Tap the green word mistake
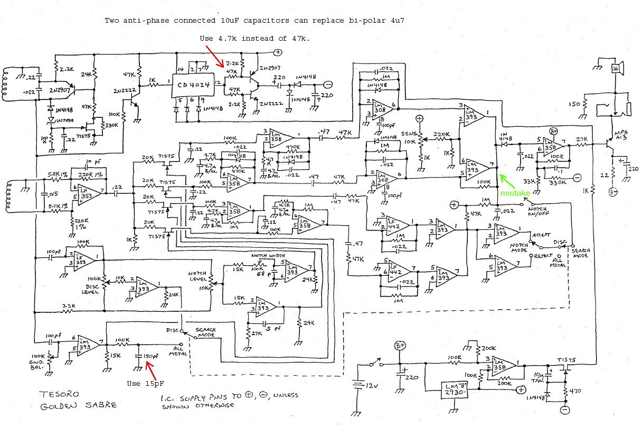[x=510, y=193]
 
